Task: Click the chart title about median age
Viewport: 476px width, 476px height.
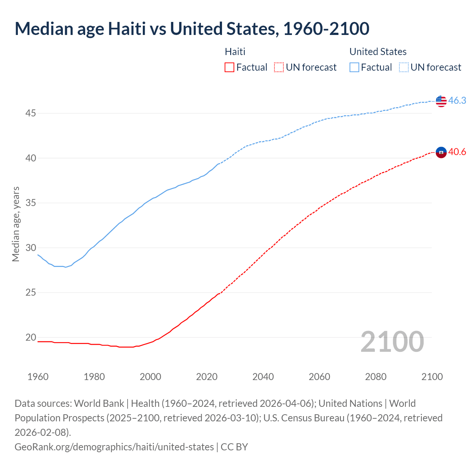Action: point(192,29)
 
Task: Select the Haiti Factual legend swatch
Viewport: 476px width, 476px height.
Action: point(229,67)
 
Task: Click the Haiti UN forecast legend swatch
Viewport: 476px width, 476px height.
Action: point(279,67)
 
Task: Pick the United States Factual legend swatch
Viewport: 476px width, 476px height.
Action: point(354,67)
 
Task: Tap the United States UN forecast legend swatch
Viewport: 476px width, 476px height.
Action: point(404,67)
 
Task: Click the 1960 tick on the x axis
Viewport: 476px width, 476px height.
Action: point(38,377)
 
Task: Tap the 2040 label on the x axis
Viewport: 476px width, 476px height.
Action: point(263,377)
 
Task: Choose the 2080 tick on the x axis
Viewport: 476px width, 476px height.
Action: point(376,377)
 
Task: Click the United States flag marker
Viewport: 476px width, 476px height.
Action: point(441,101)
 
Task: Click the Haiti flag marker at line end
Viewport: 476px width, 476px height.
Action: point(441,152)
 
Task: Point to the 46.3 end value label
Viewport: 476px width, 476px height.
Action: point(457,101)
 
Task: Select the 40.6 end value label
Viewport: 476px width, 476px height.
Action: point(457,152)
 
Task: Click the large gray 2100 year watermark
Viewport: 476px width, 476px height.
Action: point(392,342)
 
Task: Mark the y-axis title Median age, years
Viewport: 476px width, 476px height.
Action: point(16,224)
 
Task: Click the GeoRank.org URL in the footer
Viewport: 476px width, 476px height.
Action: point(114,447)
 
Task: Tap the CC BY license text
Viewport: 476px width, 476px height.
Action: point(234,447)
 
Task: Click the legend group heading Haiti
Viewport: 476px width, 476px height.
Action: point(235,52)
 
